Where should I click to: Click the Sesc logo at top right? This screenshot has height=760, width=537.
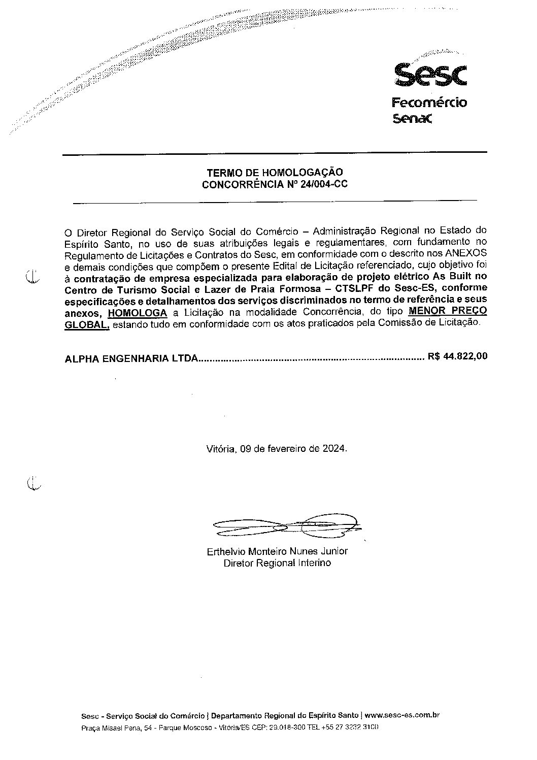(x=430, y=75)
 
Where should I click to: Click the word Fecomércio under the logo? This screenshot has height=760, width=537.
(x=429, y=103)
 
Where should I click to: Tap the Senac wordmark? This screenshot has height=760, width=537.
(x=412, y=119)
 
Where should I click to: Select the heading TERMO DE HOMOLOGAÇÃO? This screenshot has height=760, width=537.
(x=275, y=173)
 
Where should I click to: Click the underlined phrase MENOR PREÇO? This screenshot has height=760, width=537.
(x=448, y=310)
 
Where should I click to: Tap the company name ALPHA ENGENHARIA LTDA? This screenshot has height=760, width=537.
(x=131, y=358)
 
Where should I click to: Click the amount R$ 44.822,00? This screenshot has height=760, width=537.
(x=457, y=356)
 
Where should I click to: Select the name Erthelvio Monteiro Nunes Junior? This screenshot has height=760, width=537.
(x=277, y=551)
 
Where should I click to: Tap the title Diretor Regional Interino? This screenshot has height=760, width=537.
(x=277, y=563)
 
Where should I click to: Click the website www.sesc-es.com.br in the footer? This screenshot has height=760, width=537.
(x=401, y=715)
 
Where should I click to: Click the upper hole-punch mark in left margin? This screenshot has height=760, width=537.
(x=32, y=277)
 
